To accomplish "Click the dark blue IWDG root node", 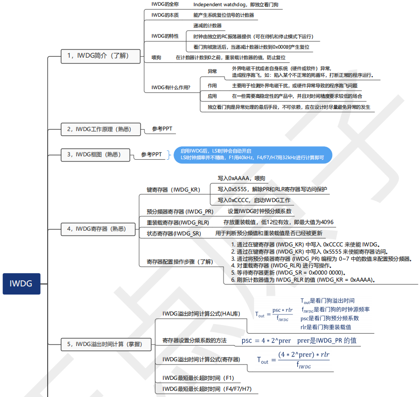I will tap(21, 284).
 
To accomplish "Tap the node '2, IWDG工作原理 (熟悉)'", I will tap(96, 129).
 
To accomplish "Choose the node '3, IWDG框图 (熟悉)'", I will tap(95, 154).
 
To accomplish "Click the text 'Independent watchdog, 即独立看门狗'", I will tap(235, 5).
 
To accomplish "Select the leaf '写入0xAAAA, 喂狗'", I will tap(241, 178).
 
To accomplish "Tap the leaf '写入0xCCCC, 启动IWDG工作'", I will tap(254, 200).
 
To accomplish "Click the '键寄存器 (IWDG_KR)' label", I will tap(173, 189).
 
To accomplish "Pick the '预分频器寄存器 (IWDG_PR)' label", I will tap(180, 211).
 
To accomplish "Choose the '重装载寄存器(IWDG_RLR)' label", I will tap(178, 222).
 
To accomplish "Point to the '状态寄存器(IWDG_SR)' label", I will tap(174, 234).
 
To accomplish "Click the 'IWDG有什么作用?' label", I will tap(171, 87).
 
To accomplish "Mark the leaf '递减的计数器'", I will tap(207, 25).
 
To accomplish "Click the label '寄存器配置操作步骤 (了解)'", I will tap(179, 262).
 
